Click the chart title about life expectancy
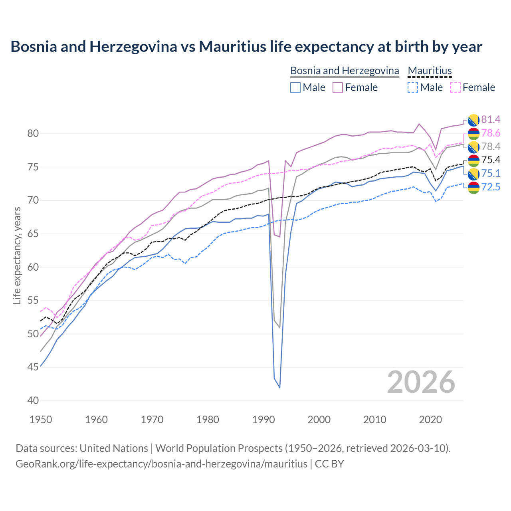246,47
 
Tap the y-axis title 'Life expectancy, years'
17,255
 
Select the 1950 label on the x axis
41,420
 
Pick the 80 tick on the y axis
33,133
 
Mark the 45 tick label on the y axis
33,367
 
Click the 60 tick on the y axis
33,267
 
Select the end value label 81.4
491,119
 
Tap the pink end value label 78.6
491,133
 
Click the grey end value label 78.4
491,147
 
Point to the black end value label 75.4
491,160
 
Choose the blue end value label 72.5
491,187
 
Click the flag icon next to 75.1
473,174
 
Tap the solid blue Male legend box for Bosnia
295,87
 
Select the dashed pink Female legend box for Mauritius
455,87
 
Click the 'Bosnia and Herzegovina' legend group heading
344,71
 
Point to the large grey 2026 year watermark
421,382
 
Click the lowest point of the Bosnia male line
279,388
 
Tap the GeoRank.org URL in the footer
161,464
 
